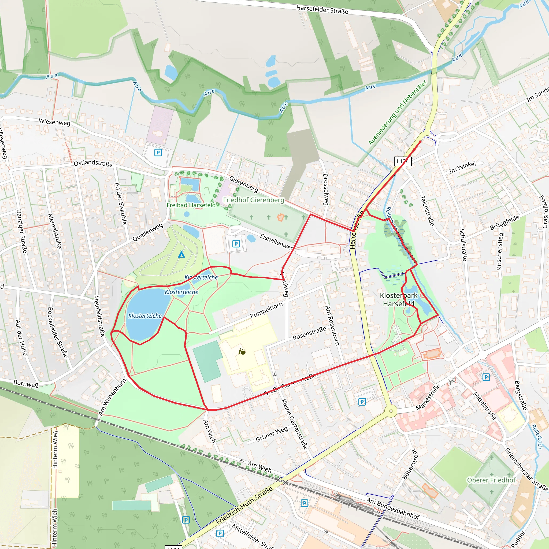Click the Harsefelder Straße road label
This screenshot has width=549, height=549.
(x=322, y=9)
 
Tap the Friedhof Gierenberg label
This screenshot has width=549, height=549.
(x=254, y=200)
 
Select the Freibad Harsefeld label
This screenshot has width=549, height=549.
(x=191, y=205)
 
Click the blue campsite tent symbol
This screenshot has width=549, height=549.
(x=181, y=254)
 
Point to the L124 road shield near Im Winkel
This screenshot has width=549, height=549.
(x=403, y=161)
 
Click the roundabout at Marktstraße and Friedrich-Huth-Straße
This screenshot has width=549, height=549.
(x=391, y=411)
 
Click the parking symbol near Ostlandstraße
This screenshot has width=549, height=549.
(x=158, y=153)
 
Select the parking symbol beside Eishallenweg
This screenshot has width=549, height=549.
(x=236, y=243)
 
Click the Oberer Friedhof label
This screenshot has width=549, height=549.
(x=491, y=480)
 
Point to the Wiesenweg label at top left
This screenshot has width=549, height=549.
(x=55, y=122)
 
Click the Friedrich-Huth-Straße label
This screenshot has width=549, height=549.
(x=244, y=505)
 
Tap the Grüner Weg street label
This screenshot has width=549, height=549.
(x=272, y=434)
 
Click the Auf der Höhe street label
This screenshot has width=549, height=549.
(x=21, y=337)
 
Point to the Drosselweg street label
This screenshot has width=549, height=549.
(x=326, y=189)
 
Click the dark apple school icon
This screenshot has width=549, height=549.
(x=242, y=352)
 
